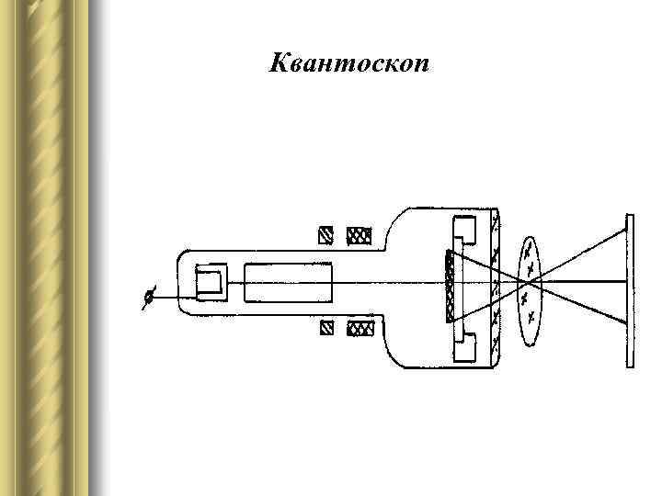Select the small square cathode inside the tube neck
[x=211, y=281]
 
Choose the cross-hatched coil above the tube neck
[x=358, y=237]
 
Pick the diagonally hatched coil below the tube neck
[x=326, y=328]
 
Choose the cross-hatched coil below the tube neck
[x=358, y=328]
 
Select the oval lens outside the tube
[x=531, y=289]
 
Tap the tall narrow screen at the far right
[x=630, y=290]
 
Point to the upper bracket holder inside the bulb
[x=463, y=231]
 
